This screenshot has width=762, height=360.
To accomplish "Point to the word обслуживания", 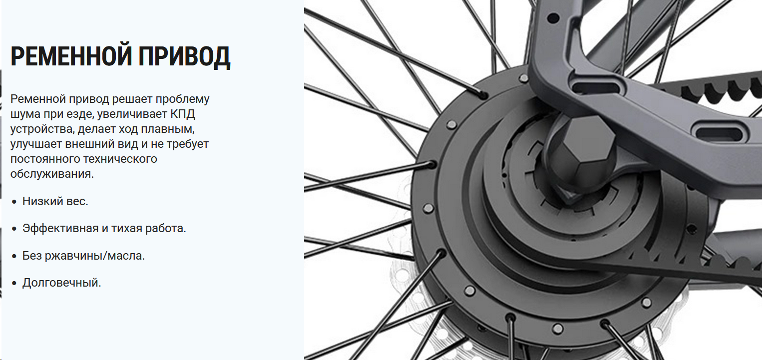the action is pos(52,174).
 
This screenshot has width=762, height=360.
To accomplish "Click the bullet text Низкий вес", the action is pos(55,201).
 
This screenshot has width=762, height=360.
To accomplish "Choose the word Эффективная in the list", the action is pos(60,228).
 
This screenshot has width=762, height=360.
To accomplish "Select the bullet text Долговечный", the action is pos(61,283).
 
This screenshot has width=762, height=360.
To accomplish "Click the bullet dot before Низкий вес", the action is pos(14,202).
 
